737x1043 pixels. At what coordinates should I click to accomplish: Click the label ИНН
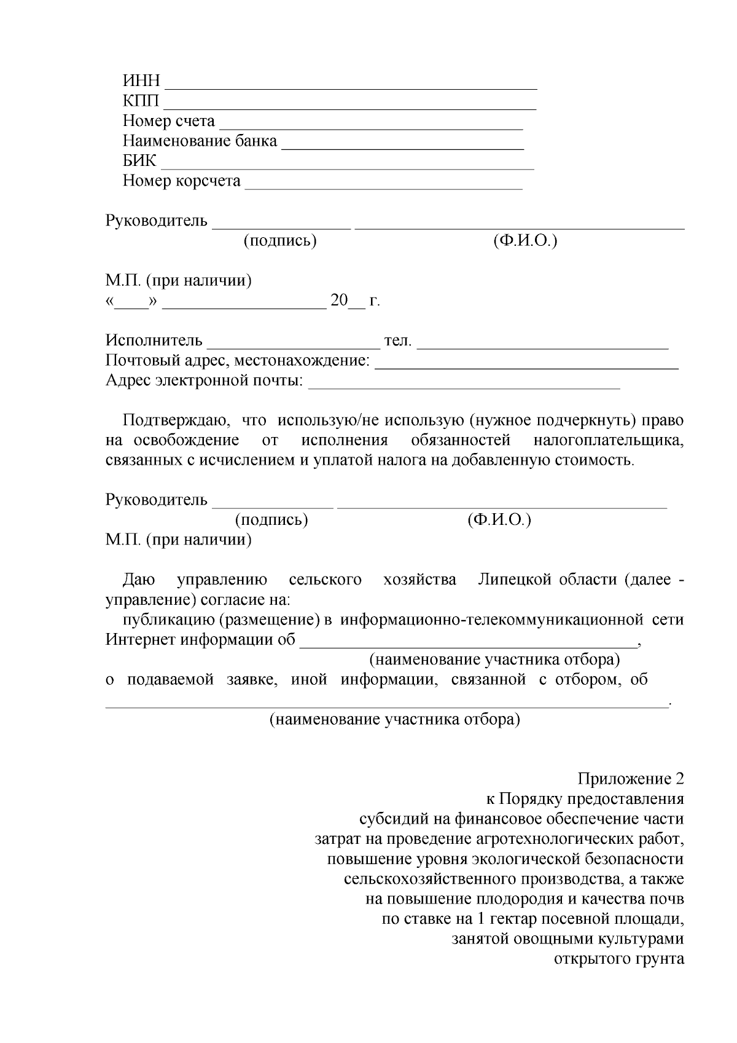coord(141,81)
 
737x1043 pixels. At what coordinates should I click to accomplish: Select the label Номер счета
coord(169,121)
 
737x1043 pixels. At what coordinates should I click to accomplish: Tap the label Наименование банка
coord(200,141)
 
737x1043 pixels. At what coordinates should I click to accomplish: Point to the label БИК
coord(139,161)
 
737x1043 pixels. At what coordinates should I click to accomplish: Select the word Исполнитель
coord(154,340)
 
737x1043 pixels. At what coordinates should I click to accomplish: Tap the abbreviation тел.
coord(397,340)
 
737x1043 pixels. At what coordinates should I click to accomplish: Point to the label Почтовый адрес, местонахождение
coord(238,361)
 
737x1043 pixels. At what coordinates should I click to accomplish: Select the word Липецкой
coord(515,580)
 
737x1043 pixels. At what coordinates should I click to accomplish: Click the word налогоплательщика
coord(608,441)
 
